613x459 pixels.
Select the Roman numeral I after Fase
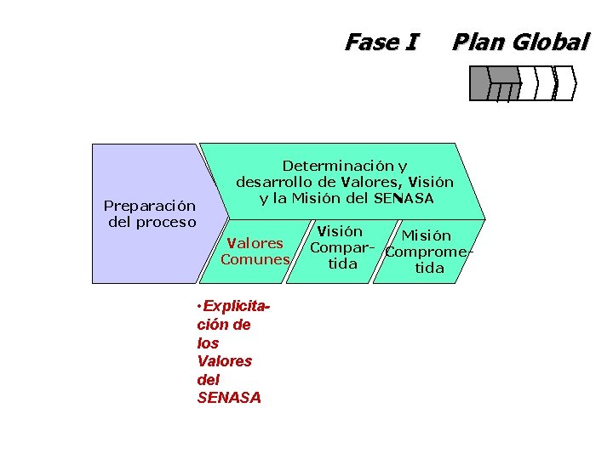[413, 42]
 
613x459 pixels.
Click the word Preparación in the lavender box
[149, 206]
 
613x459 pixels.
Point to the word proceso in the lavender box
[163, 223]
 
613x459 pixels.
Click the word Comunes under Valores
[255, 260]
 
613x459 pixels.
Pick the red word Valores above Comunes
[253, 244]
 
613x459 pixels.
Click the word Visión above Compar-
[340, 231]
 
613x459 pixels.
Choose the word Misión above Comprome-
[426, 235]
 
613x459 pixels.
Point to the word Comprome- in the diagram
[428, 252]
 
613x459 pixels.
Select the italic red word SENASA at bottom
[228, 398]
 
